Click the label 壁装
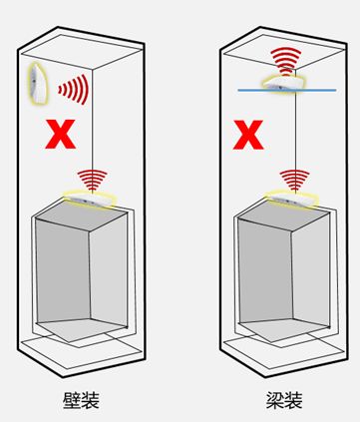pos(81,400)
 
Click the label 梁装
pos(284,400)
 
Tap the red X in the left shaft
pos(60,134)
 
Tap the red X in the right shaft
pos(248,135)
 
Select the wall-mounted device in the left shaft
pos(37,84)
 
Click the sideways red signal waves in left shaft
pos(74,90)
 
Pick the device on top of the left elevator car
pos(91,199)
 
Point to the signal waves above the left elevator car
pos(92,181)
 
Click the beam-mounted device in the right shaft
pos(283,83)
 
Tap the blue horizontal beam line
pos(287,90)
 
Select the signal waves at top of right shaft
pos(286,61)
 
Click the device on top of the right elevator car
pos(292,199)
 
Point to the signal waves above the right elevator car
pos(294,181)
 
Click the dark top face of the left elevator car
pos(82,215)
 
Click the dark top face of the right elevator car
pos(284,215)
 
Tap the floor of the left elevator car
pos(80,328)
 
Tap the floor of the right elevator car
pos(282,328)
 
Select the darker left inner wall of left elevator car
pos(63,271)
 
